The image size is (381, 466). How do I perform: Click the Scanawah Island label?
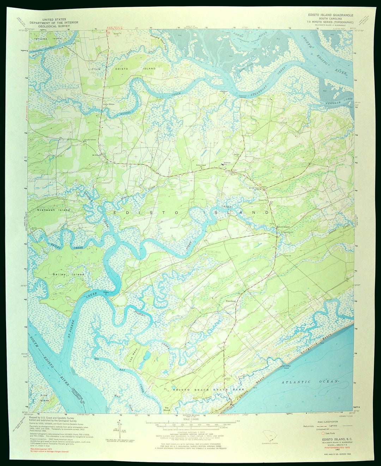pyautogui.click(x=54, y=210)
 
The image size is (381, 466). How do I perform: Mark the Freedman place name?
pyautogui.click(x=231, y=301)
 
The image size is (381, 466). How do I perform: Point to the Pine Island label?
pyautogui.click(x=44, y=398)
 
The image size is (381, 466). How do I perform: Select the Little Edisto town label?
pyautogui.click(x=108, y=104)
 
